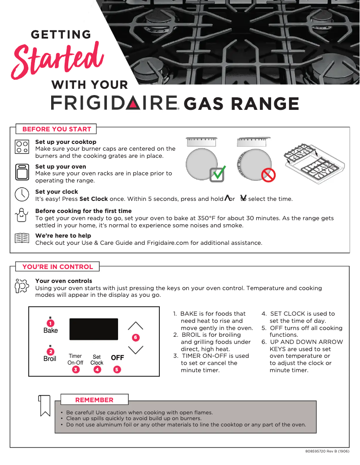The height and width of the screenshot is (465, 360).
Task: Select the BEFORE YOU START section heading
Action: pos(57,129)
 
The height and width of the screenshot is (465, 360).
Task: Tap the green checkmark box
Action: pos(218,174)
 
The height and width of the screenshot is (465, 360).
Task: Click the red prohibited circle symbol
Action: pos(268,175)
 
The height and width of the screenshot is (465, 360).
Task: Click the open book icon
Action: pos(22,238)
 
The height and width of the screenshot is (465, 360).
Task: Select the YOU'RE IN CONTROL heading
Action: pos(57,267)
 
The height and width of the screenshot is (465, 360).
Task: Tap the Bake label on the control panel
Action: pos(51,330)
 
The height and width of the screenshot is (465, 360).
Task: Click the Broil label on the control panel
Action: pos(50,359)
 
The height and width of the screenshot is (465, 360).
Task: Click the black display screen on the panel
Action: pos(93,329)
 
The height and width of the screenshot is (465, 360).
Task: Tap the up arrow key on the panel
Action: pos(136,326)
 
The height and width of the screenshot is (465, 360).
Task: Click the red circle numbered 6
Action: pos(136,337)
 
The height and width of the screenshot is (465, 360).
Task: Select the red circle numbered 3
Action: pos(76,370)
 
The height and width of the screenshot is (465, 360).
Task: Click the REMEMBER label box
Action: pos(94,400)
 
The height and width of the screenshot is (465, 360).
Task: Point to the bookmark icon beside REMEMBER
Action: pos(44,405)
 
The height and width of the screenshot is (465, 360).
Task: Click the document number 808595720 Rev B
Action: pos(324,451)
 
